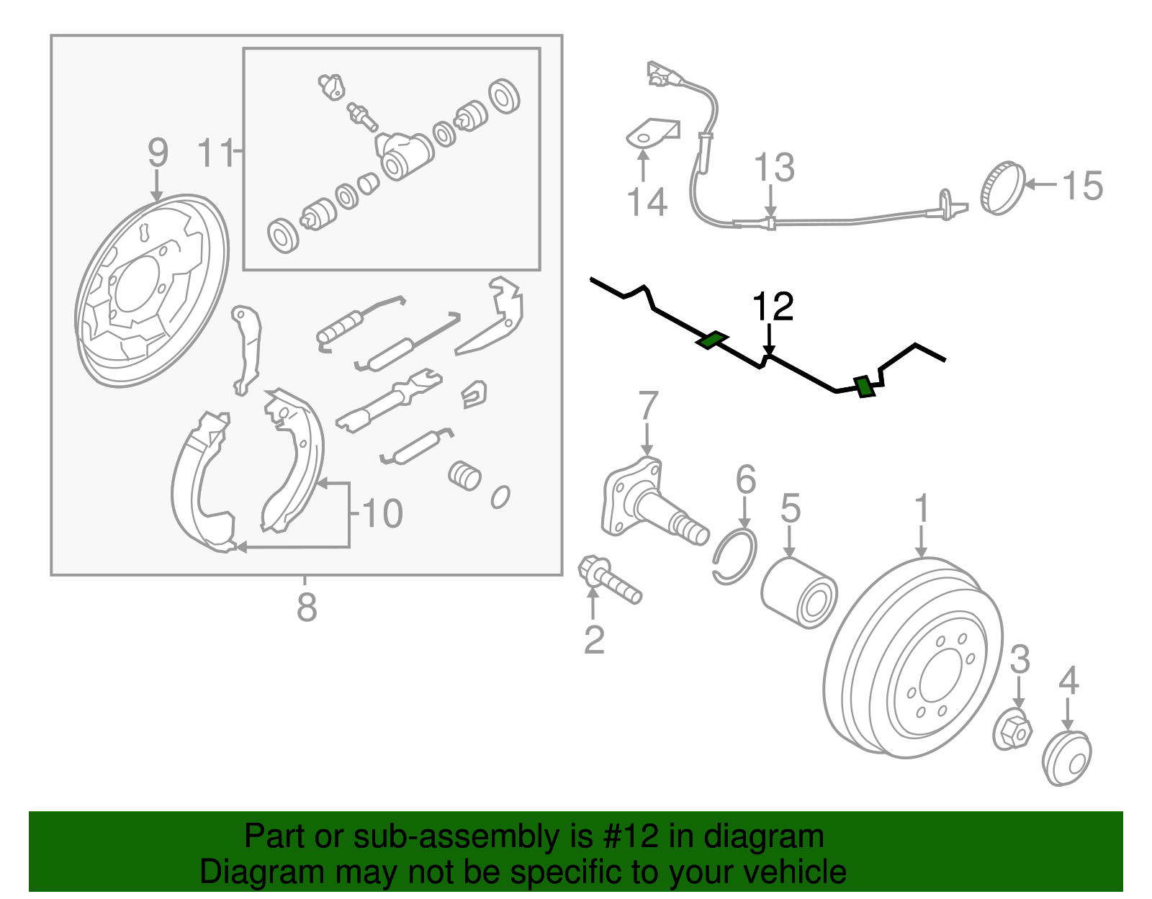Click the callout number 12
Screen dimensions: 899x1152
click(773, 307)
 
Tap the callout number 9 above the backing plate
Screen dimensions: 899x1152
click(158, 153)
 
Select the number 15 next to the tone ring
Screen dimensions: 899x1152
click(1082, 186)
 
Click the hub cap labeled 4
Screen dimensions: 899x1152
click(1067, 757)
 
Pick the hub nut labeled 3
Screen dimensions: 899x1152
click(1012, 730)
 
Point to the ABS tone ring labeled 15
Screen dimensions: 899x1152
click(1002, 189)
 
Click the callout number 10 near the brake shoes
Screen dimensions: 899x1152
click(382, 514)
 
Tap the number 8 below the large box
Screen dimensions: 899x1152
click(307, 607)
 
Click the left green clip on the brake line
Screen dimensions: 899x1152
click(712, 340)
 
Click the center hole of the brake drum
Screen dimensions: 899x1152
click(935, 677)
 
